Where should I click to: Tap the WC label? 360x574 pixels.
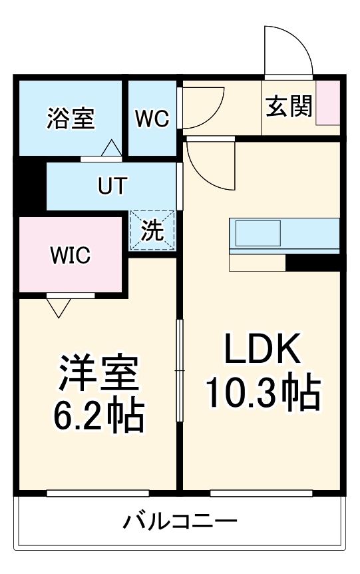pos(152,119)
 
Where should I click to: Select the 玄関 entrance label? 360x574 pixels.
pos(289,107)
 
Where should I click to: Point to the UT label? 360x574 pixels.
pos(112,186)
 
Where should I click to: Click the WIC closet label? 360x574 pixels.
pos(71,255)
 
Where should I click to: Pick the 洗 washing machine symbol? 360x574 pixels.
pos(152,230)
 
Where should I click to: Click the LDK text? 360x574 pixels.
pos(263,349)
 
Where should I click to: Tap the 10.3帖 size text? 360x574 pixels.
pos(263,394)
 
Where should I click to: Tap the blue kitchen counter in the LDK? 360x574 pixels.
pos(285,233)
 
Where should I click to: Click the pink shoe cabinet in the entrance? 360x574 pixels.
pos(327,103)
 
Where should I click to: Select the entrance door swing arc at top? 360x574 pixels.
pos(287,50)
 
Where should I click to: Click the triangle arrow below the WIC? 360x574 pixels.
pos(59,306)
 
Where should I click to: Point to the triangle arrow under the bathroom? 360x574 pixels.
pos(111,148)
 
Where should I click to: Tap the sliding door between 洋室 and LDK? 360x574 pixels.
pos(179,370)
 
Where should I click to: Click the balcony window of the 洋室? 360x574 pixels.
pos(98,493)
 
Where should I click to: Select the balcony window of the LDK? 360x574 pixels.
pos(261,493)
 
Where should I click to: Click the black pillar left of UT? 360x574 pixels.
pos(30,186)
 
